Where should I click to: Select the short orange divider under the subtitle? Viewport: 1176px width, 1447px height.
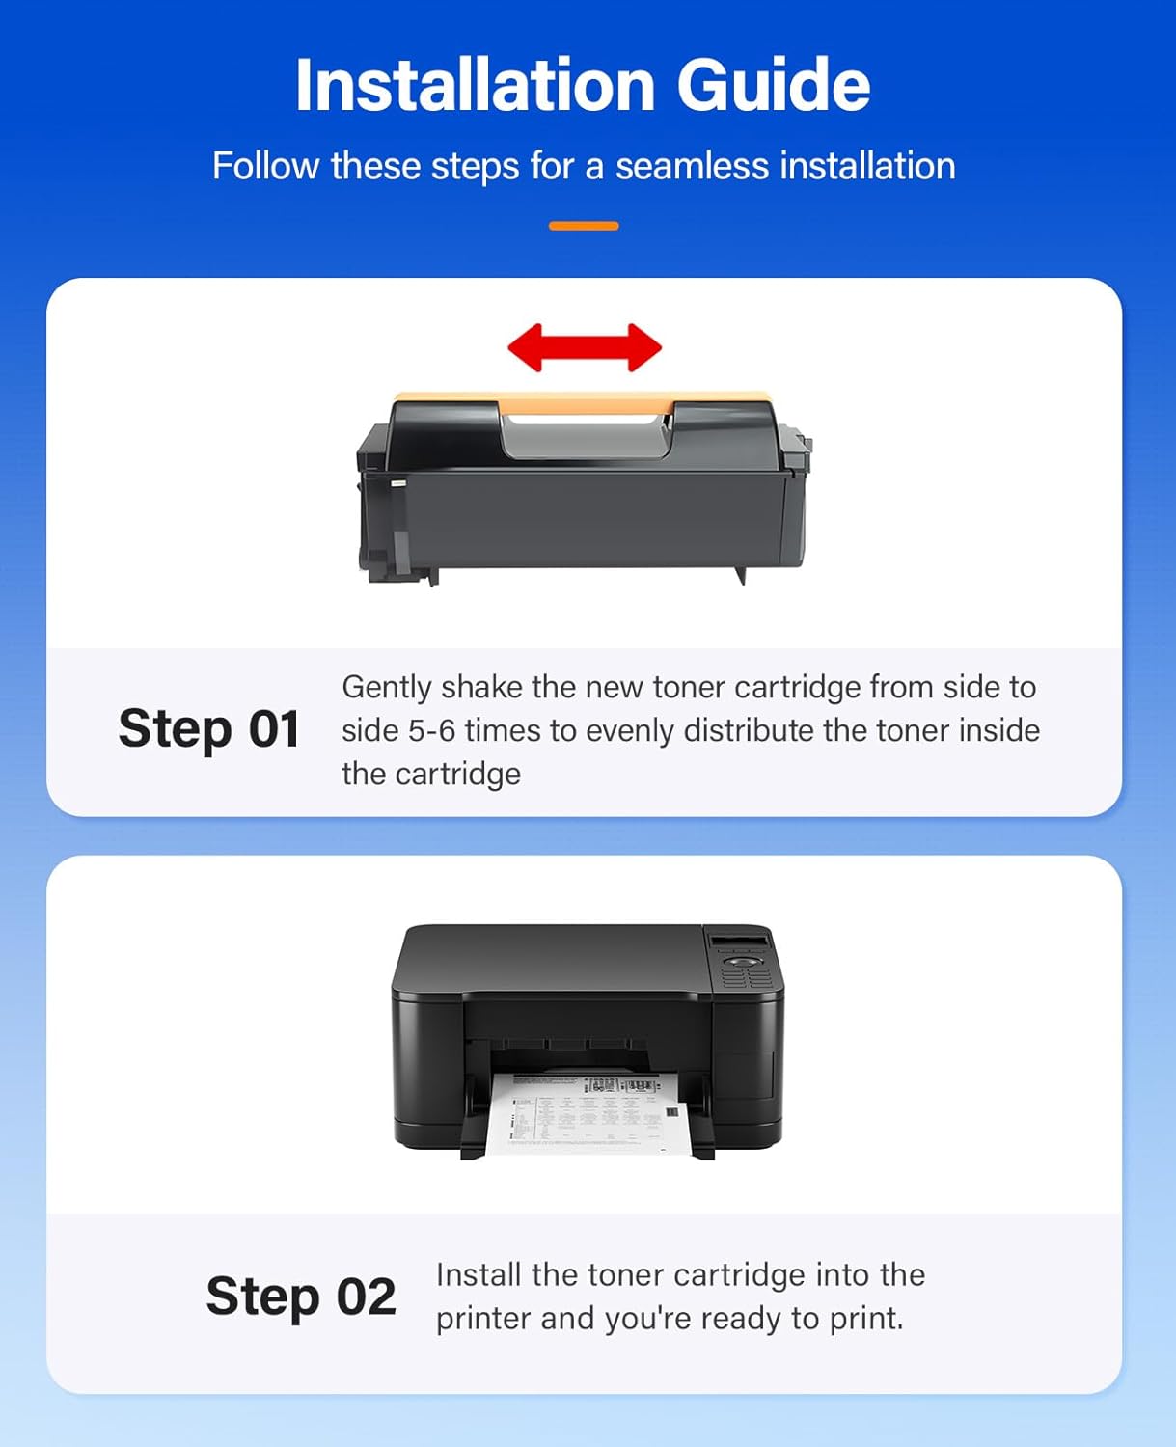point(584,226)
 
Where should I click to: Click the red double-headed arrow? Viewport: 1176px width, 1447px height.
point(585,347)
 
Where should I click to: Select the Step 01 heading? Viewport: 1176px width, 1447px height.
point(208,728)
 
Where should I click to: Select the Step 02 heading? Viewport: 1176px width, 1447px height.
point(301,1296)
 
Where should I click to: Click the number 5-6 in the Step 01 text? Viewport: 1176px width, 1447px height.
point(431,730)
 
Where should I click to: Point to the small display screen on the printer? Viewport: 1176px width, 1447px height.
point(739,941)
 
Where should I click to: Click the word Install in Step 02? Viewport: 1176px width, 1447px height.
point(479,1275)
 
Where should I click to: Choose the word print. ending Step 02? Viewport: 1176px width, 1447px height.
point(866,1319)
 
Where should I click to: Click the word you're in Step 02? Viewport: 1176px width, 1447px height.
point(643,1319)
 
